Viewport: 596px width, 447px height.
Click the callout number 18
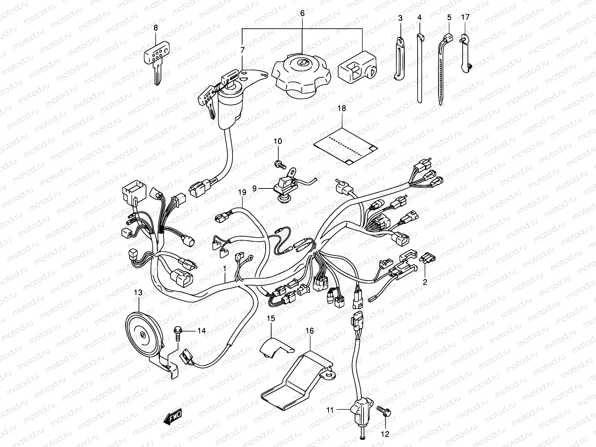click(x=342, y=109)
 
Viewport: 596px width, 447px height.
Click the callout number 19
click(x=242, y=193)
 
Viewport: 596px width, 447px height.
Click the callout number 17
click(x=465, y=17)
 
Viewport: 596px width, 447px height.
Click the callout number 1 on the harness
click(x=225, y=268)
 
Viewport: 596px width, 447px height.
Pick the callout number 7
click(x=242, y=50)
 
